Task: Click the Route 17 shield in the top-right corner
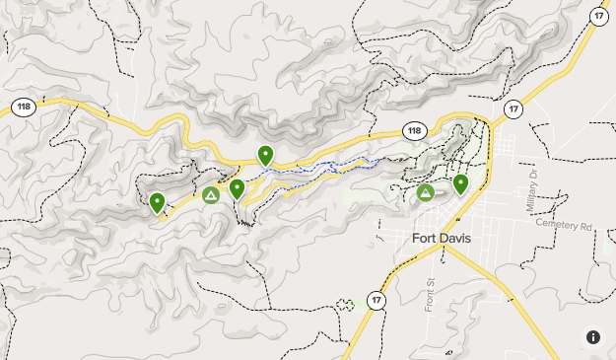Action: pos(598,15)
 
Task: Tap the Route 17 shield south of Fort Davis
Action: pos(376,299)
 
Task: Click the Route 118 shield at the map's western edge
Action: pos(24,107)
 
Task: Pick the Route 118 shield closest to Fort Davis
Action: pos(416,130)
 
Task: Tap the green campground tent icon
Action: pos(211,195)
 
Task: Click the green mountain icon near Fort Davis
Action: pos(425,192)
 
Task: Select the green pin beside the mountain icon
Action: pos(460,183)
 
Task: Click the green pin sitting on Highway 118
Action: pos(265,155)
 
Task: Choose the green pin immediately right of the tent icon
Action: pos(238,188)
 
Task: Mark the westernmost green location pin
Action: pos(157,202)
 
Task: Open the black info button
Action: pos(592,336)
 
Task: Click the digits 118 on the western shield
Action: pos(24,107)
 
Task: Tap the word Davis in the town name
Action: pos(450,239)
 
